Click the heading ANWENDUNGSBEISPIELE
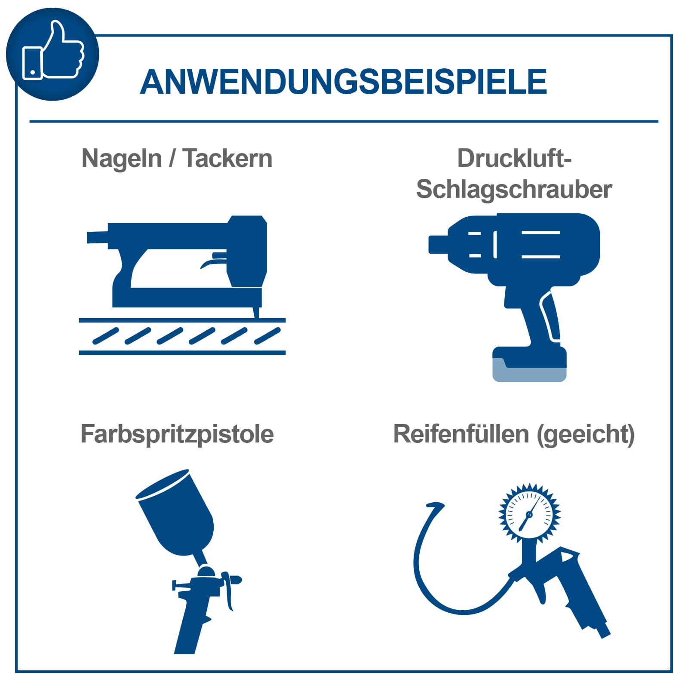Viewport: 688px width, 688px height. pyautogui.click(x=343, y=82)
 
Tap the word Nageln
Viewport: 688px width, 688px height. pyautogui.click(x=122, y=159)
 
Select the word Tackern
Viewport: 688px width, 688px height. pyautogui.click(x=227, y=159)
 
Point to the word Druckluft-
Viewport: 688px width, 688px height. pyautogui.click(x=514, y=158)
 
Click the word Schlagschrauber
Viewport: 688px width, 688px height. pyautogui.click(x=514, y=190)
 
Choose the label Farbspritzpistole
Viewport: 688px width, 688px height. pyautogui.click(x=177, y=434)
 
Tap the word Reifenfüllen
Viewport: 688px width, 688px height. pyautogui.click(x=461, y=434)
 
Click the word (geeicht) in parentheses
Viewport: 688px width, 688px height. pyautogui.click(x=586, y=434)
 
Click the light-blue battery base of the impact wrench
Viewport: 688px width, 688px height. pyautogui.click(x=529, y=373)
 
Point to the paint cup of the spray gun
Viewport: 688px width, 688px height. pyautogui.click(x=176, y=512)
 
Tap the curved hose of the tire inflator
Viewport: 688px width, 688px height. pyautogui.click(x=424, y=572)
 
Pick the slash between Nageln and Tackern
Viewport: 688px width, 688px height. pyautogui.click(x=172, y=159)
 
